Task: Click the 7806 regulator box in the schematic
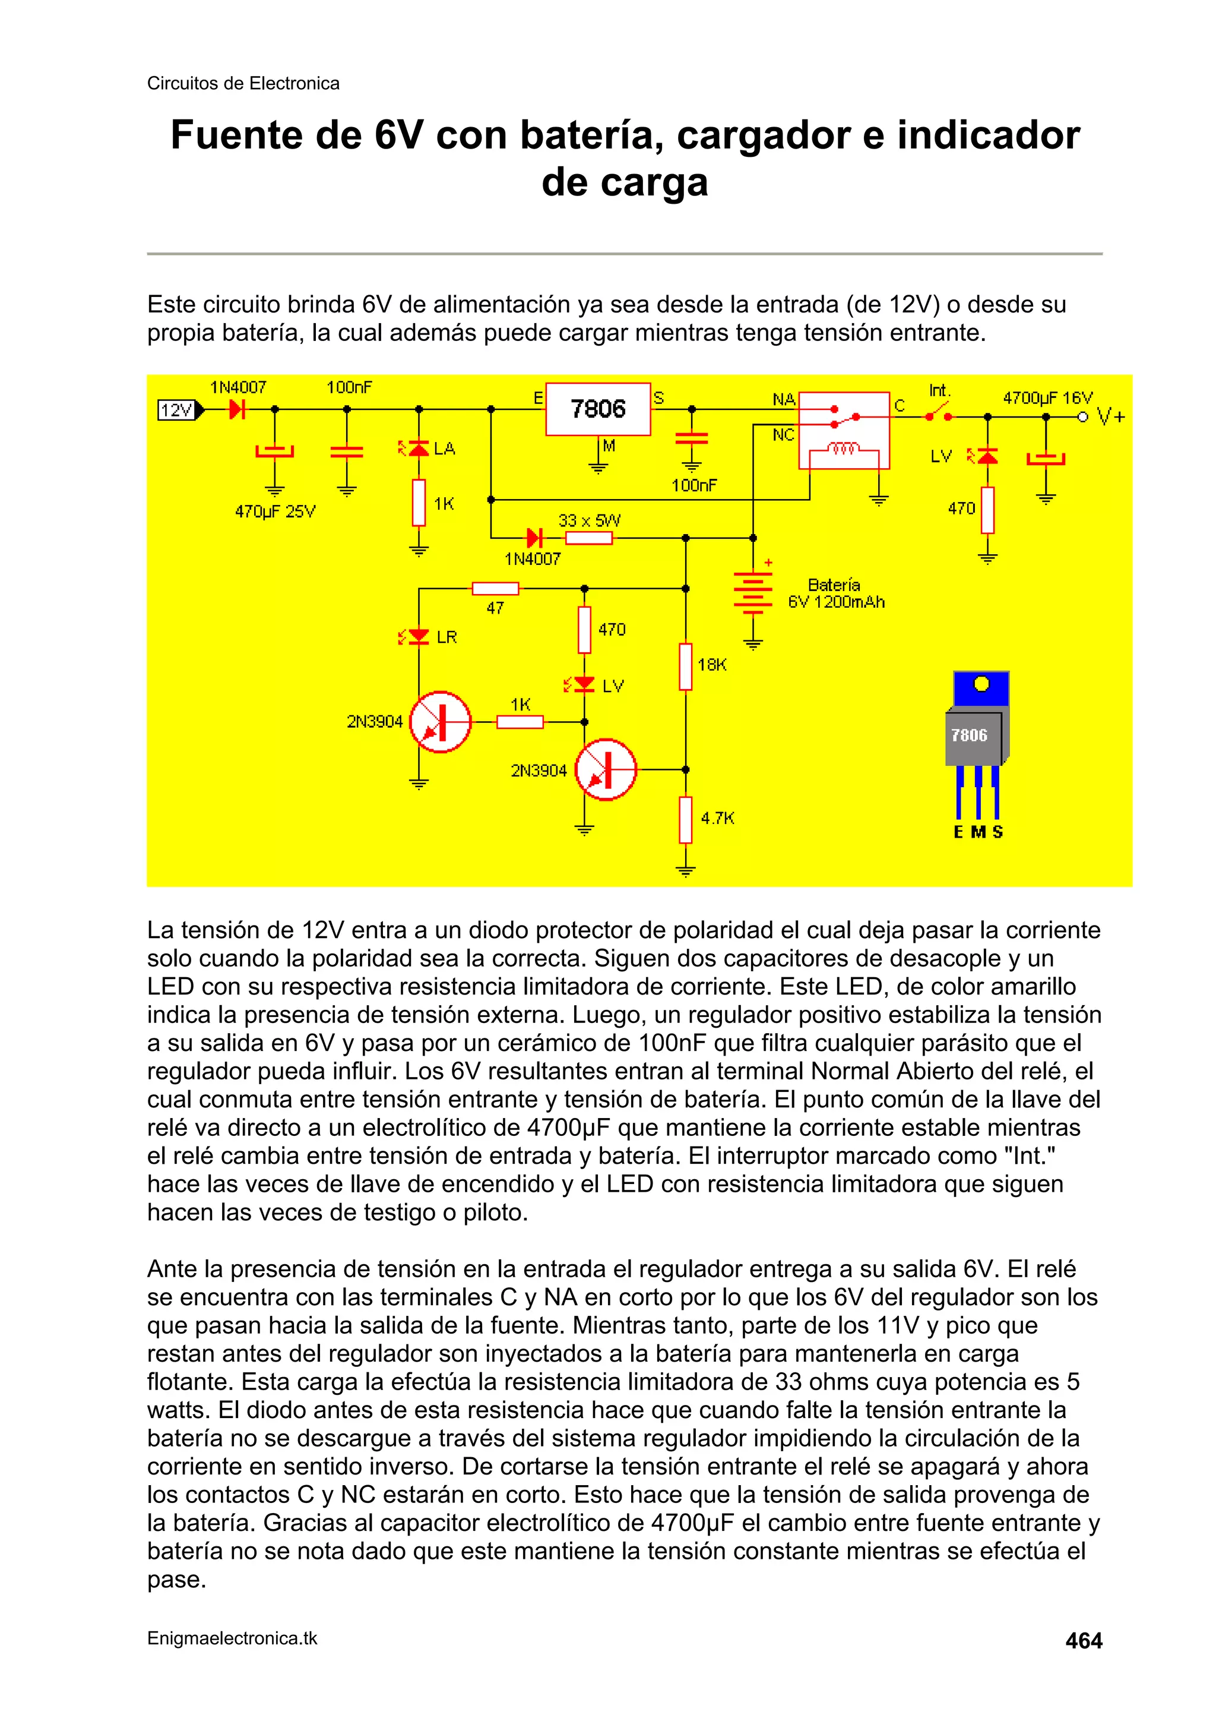click(597, 409)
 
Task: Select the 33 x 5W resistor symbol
click(588, 538)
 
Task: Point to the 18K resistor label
click(712, 665)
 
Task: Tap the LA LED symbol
click(418, 449)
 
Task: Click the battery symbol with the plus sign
click(753, 592)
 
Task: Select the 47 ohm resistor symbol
click(495, 588)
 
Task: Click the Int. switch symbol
click(938, 412)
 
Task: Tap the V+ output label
click(1110, 417)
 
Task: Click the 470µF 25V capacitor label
click(275, 512)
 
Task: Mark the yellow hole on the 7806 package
click(981, 684)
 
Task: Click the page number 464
click(1084, 1641)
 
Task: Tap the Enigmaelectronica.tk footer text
click(232, 1638)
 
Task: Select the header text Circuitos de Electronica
click(243, 83)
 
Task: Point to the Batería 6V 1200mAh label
click(835, 593)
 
